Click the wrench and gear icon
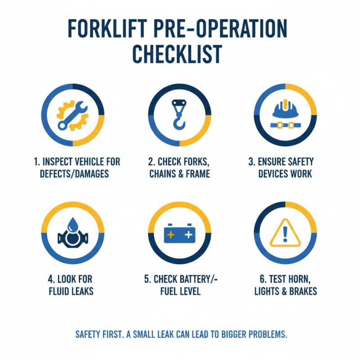(x=72, y=115)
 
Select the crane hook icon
(x=180, y=115)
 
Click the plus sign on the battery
(x=171, y=235)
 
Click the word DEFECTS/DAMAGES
(x=72, y=174)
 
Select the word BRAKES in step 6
(x=301, y=291)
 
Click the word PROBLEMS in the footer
(x=265, y=335)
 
